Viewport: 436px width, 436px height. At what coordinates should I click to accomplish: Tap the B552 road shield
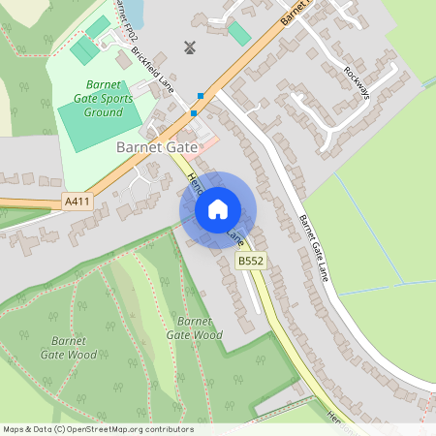[x=251, y=261]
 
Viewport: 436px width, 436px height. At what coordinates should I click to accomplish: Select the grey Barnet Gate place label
[x=156, y=147]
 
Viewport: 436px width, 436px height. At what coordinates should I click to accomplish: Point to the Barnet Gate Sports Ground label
[x=90, y=99]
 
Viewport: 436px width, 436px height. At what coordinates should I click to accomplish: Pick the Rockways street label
[x=358, y=83]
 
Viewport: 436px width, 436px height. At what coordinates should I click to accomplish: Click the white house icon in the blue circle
[x=218, y=208]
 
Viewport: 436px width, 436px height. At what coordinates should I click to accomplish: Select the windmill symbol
[x=190, y=47]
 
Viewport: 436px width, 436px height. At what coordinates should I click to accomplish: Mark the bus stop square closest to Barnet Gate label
[x=194, y=113]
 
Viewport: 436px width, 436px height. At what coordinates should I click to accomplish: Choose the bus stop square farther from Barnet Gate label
[x=201, y=95]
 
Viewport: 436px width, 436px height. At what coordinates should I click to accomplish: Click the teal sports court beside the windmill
[x=238, y=33]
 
